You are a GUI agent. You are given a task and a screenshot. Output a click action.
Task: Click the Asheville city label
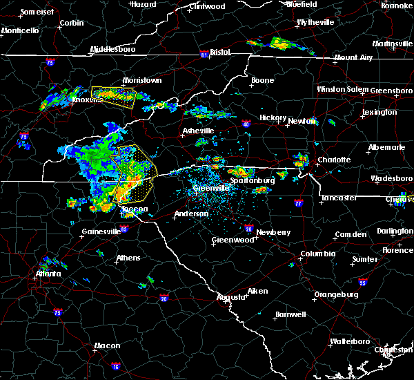[x=198, y=131]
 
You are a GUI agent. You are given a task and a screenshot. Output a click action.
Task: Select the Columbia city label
[x=317, y=254]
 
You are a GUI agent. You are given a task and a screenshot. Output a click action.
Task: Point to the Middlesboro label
[x=115, y=50]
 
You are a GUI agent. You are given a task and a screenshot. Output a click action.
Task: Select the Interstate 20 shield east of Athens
[x=164, y=298]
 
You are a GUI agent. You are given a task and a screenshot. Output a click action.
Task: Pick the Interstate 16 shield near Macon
[x=116, y=366]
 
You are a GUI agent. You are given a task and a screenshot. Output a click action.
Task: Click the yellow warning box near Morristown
[x=114, y=96]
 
